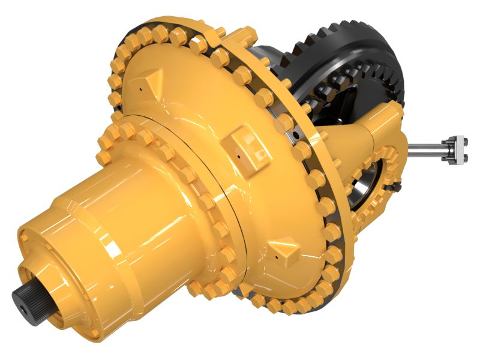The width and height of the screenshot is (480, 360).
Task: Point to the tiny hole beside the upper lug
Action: pyautogui.click(x=139, y=89)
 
